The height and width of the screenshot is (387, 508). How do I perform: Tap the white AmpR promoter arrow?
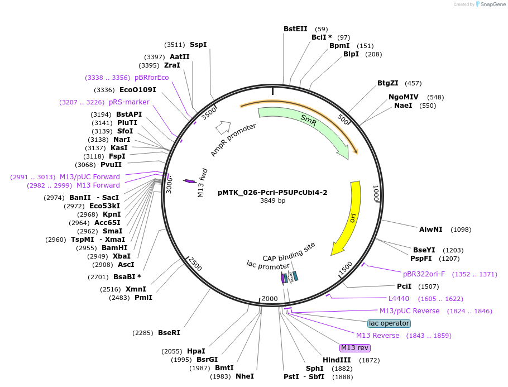[223, 127]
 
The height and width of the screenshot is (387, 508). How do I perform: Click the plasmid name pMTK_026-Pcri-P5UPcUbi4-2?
[272, 193]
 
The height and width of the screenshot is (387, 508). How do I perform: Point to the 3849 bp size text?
[272, 200]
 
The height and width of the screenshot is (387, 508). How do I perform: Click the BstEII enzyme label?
[295, 29]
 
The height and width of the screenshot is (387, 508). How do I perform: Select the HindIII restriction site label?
[337, 360]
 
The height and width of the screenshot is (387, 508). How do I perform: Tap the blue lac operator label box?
[389, 323]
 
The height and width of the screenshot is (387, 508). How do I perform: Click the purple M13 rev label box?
[354, 348]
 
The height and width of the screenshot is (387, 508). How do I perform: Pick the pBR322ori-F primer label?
[424, 274]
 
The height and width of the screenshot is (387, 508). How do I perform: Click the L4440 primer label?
[399, 299]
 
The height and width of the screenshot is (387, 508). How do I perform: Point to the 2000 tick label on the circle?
[270, 299]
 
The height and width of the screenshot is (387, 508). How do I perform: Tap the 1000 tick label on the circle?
[376, 193]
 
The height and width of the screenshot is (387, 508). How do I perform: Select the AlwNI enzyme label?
[430, 230]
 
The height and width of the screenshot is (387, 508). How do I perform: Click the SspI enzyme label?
[198, 45]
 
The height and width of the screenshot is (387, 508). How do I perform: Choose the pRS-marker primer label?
[129, 102]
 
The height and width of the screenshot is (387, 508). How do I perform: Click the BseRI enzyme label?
[169, 332]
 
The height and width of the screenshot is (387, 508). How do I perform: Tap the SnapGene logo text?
[493, 4]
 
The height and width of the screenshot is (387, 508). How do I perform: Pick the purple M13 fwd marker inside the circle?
[189, 181]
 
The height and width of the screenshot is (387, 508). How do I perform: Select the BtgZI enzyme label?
[388, 83]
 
